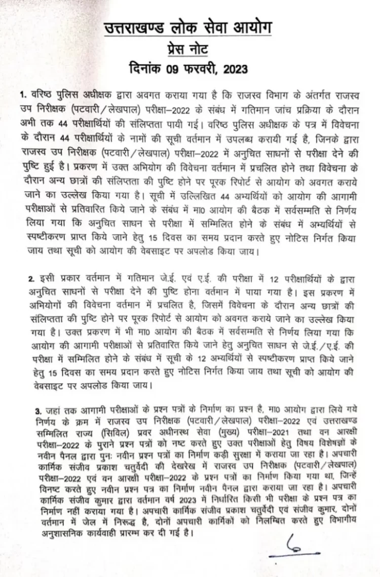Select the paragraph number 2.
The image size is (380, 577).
click(x=30, y=280)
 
